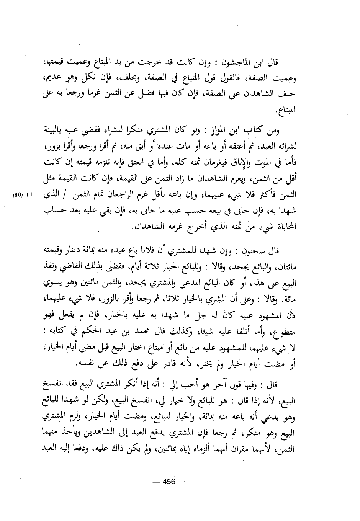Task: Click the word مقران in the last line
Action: click(246, 449)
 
